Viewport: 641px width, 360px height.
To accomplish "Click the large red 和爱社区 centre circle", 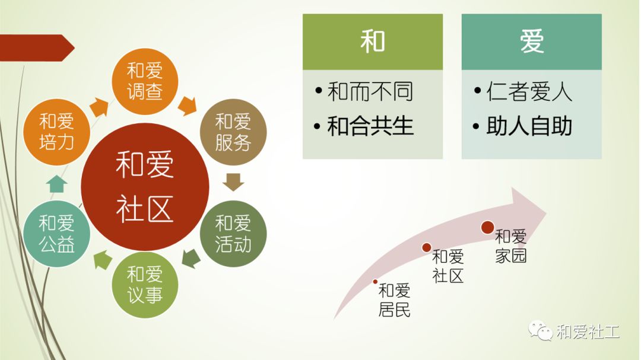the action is click(x=145, y=187).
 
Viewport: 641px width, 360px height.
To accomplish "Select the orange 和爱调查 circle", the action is click(x=145, y=81).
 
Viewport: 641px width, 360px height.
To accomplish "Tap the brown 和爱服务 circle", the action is click(x=233, y=132).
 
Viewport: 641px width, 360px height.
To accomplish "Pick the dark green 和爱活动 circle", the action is click(x=233, y=234).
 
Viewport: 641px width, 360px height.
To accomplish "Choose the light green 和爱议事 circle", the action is click(x=145, y=285).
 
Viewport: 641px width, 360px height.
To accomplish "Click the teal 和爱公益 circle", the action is click(x=57, y=234).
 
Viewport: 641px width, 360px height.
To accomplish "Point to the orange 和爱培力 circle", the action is click(x=57, y=132).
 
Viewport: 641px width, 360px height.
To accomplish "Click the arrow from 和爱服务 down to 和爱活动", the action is click(x=233, y=182).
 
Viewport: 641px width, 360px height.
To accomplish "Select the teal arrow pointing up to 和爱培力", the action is click(x=57, y=183).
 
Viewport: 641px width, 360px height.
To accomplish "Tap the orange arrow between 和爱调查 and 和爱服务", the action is click(x=188, y=106).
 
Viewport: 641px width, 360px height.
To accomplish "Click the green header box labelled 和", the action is click(x=372, y=42).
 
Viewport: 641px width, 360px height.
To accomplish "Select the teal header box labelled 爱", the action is click(x=531, y=42).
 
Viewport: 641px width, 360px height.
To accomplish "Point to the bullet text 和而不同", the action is click(x=370, y=91).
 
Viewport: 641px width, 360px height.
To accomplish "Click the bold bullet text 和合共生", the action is click(x=370, y=126).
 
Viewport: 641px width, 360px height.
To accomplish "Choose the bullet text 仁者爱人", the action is click(x=529, y=91).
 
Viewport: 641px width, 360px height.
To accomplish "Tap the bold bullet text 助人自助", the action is click(x=529, y=126).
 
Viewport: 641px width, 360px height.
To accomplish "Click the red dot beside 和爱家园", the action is click(x=488, y=227).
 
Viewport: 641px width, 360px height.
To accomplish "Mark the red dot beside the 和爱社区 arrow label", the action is click(x=426, y=247).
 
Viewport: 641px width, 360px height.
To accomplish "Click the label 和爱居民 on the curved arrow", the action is click(x=394, y=300).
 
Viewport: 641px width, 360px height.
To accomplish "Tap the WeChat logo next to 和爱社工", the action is click(x=541, y=330).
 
